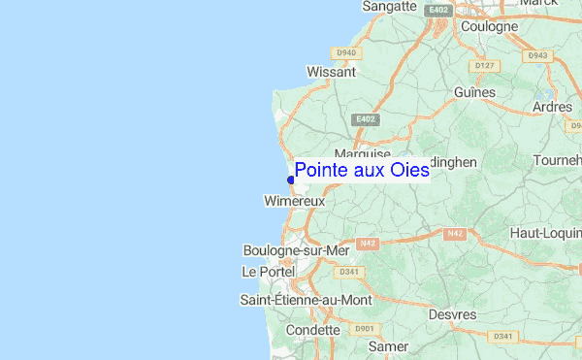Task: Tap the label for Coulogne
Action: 489,27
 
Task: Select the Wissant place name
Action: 332,72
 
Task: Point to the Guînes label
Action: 475,93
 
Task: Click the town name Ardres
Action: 552,106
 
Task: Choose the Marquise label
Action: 362,154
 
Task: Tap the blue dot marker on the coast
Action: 291,180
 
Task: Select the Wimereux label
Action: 294,201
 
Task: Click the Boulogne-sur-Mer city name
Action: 296,250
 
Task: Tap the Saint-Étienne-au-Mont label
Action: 306,301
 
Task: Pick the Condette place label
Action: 313,330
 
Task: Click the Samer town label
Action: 388,346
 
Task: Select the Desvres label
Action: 452,314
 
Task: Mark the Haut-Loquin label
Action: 545,233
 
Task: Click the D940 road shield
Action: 344,52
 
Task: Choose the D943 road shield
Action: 536,56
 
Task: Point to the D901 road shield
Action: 365,330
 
